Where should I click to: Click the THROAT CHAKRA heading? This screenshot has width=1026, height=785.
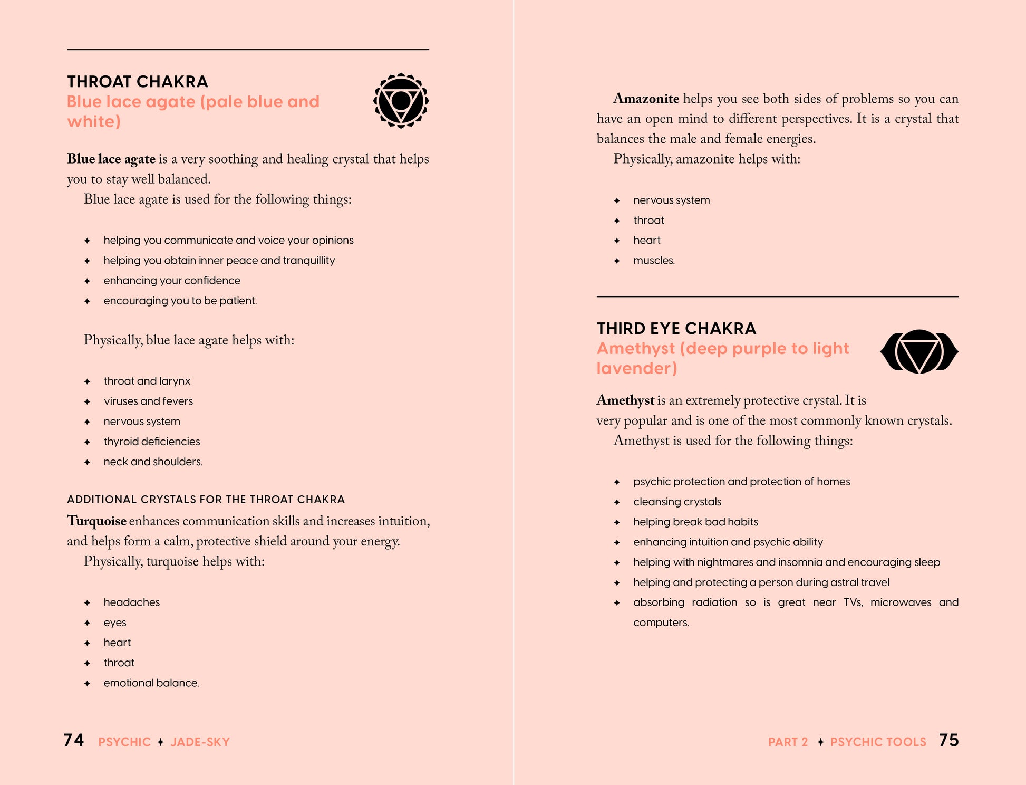(138, 82)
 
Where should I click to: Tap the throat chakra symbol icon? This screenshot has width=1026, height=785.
(401, 101)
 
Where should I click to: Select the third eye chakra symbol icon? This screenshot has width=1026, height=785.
(919, 351)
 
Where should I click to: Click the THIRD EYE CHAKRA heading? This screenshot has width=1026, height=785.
(676, 329)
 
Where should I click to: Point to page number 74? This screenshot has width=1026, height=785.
(74, 740)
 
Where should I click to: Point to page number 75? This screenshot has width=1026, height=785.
(948, 740)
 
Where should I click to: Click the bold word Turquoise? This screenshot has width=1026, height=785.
(96, 521)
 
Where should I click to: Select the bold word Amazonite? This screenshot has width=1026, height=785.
(646, 99)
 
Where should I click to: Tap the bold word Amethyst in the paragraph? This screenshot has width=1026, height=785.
(625, 400)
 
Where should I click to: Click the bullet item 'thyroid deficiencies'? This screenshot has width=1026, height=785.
(152, 442)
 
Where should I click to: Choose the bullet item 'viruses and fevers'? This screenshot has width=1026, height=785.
(148, 401)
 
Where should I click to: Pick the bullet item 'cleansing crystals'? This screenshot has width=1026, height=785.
(677, 502)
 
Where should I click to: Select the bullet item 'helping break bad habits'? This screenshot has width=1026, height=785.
(695, 522)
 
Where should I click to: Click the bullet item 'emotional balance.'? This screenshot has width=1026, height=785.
(151, 683)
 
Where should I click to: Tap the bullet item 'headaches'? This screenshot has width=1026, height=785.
(132, 602)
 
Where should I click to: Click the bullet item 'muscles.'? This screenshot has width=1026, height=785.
(654, 261)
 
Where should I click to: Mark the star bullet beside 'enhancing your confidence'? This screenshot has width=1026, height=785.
(88, 281)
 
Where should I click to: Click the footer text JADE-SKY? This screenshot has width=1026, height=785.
(200, 742)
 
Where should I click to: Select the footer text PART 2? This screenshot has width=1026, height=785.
(788, 742)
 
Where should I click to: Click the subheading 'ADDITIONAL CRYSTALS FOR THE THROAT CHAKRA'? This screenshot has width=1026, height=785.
(206, 500)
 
